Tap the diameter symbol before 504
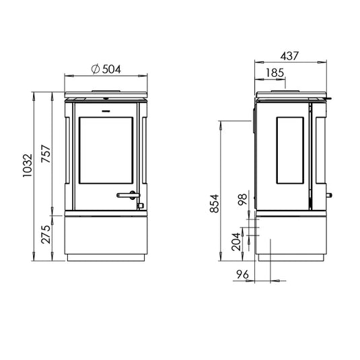coord(95,68)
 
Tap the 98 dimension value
coord(242,200)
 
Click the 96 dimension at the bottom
coord(243,275)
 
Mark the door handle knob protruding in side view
coord(330,196)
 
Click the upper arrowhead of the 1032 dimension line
coord(34,95)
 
